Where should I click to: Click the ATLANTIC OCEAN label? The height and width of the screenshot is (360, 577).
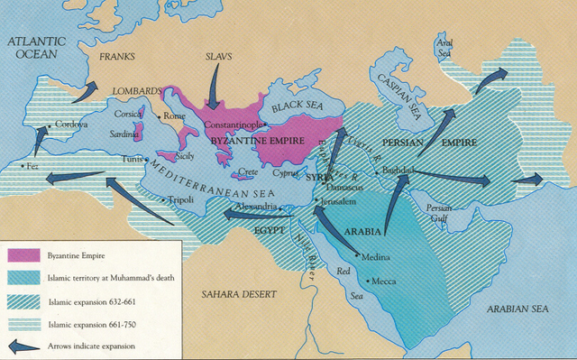39,49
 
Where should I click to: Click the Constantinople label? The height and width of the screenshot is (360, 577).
234,123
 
